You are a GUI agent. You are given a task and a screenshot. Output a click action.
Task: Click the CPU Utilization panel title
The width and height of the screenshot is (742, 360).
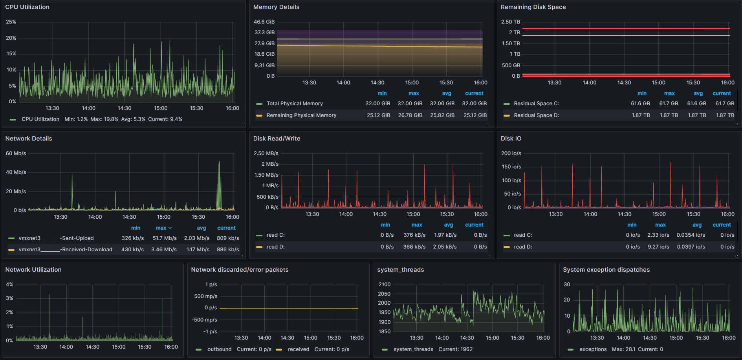pyautogui.click(x=27, y=7)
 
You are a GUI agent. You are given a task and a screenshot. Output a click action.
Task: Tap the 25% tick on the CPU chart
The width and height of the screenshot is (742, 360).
pyautogui.click(x=11, y=22)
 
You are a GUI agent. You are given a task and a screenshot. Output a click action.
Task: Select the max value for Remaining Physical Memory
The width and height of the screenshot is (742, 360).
pyautogui.click(x=410, y=115)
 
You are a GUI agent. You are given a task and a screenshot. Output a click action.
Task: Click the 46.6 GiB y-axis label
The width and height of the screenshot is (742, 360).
pyautogui.click(x=264, y=22)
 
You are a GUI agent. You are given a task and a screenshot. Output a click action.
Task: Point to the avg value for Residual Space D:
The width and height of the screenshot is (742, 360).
pyautogui.click(x=697, y=115)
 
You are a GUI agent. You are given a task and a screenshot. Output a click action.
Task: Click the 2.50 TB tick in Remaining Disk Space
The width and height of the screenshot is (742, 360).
pyautogui.click(x=510, y=22)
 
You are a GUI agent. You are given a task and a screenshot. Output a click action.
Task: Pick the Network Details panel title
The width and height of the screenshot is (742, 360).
pyautogui.click(x=29, y=139)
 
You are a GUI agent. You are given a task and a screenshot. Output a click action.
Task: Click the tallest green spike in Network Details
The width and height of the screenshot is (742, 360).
pyautogui.click(x=219, y=163)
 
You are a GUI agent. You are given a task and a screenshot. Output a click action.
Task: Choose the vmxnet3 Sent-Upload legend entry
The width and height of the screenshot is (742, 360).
pyautogui.click(x=56, y=238)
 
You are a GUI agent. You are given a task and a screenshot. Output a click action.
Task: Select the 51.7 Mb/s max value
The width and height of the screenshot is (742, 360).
pyautogui.click(x=165, y=238)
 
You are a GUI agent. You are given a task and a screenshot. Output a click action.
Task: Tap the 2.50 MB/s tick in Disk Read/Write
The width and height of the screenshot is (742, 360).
pyautogui.click(x=266, y=154)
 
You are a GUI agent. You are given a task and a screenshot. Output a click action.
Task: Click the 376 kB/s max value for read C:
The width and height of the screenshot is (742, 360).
pyautogui.click(x=414, y=235)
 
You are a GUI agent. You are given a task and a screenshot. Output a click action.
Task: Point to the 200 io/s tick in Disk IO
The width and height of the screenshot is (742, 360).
pyautogui.click(x=511, y=154)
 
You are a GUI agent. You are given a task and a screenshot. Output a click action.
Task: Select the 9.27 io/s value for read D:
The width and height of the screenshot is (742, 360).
pyautogui.click(x=658, y=247)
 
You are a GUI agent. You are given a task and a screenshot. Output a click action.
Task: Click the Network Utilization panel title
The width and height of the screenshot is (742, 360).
pyautogui.click(x=33, y=270)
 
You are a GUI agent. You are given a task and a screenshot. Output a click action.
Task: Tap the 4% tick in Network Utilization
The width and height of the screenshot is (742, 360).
pyautogui.click(x=9, y=285)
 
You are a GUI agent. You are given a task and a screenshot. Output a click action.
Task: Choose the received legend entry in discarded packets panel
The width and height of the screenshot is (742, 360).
pyautogui.click(x=298, y=349)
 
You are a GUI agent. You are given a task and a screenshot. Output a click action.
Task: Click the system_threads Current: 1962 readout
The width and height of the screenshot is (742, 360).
pyautogui.click(x=455, y=349)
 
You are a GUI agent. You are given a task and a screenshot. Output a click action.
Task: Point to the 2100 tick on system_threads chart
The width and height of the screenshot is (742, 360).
pyautogui.click(x=384, y=285)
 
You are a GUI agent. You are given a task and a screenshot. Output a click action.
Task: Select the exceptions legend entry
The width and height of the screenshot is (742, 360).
pyautogui.click(x=593, y=349)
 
